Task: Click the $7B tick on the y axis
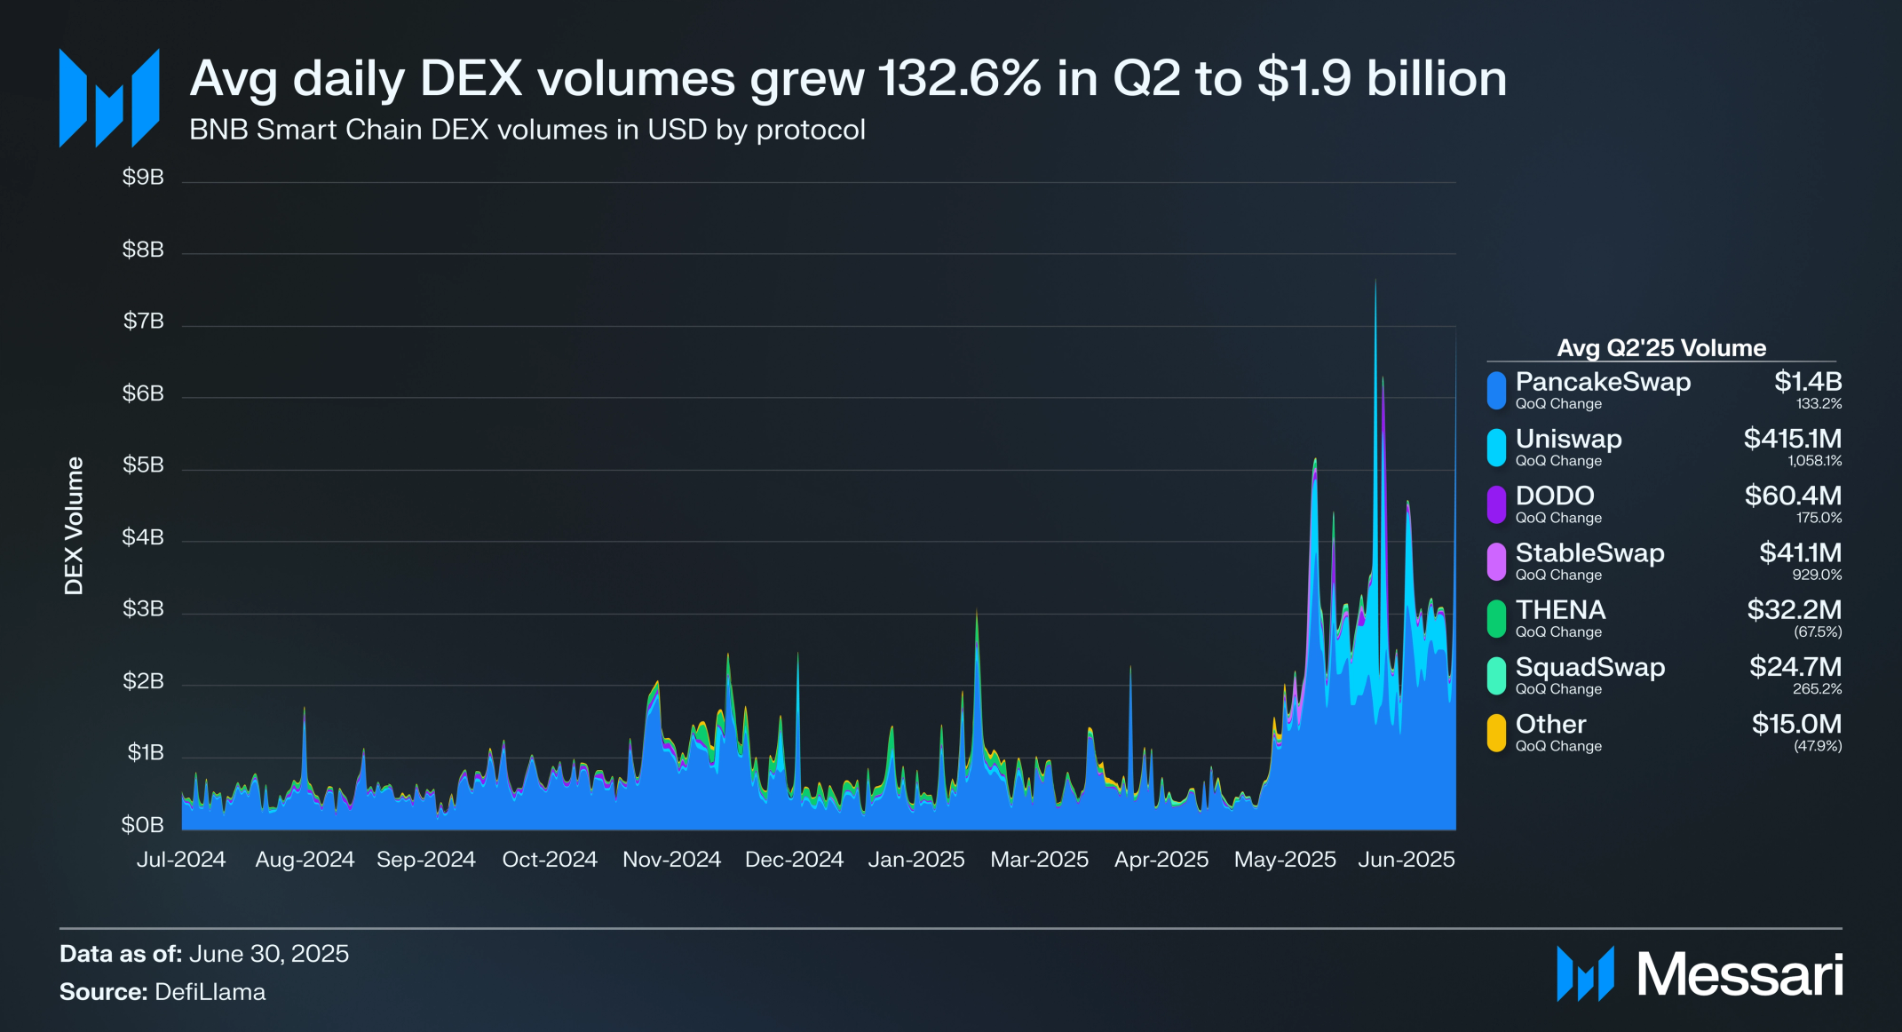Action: coord(143,321)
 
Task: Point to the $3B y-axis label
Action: coord(143,608)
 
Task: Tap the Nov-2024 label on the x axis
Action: coord(671,859)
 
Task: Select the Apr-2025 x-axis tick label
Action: coord(1161,859)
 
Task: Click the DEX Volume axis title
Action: coord(74,526)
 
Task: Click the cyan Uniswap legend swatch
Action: coord(1496,448)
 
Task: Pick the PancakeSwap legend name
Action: coord(1602,382)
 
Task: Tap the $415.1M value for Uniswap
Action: coord(1792,439)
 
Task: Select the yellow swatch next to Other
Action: coord(1496,733)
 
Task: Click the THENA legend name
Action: coord(1560,610)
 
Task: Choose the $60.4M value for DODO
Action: coord(1793,496)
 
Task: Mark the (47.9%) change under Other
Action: coord(1817,746)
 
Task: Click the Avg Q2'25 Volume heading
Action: coord(1660,347)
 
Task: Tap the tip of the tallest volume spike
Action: coord(1375,281)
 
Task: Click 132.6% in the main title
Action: coord(959,78)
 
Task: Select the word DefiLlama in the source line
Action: coord(210,991)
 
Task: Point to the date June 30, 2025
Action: coord(268,953)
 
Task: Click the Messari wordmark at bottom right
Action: coord(1740,974)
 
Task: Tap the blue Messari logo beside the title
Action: coord(109,98)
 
